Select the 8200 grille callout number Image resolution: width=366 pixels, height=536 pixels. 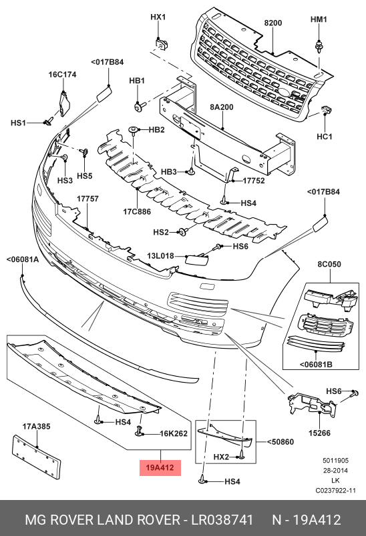[273, 23]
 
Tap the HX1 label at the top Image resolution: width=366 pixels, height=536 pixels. [157, 17]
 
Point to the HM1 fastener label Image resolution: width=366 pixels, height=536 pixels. [319, 19]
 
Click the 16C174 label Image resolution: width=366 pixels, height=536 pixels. [62, 75]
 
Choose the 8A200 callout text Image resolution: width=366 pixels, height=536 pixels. [222, 107]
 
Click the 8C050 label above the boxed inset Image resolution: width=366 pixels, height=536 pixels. [329, 264]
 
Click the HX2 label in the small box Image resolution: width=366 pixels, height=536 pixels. [221, 457]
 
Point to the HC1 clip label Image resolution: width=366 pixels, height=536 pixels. [324, 137]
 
